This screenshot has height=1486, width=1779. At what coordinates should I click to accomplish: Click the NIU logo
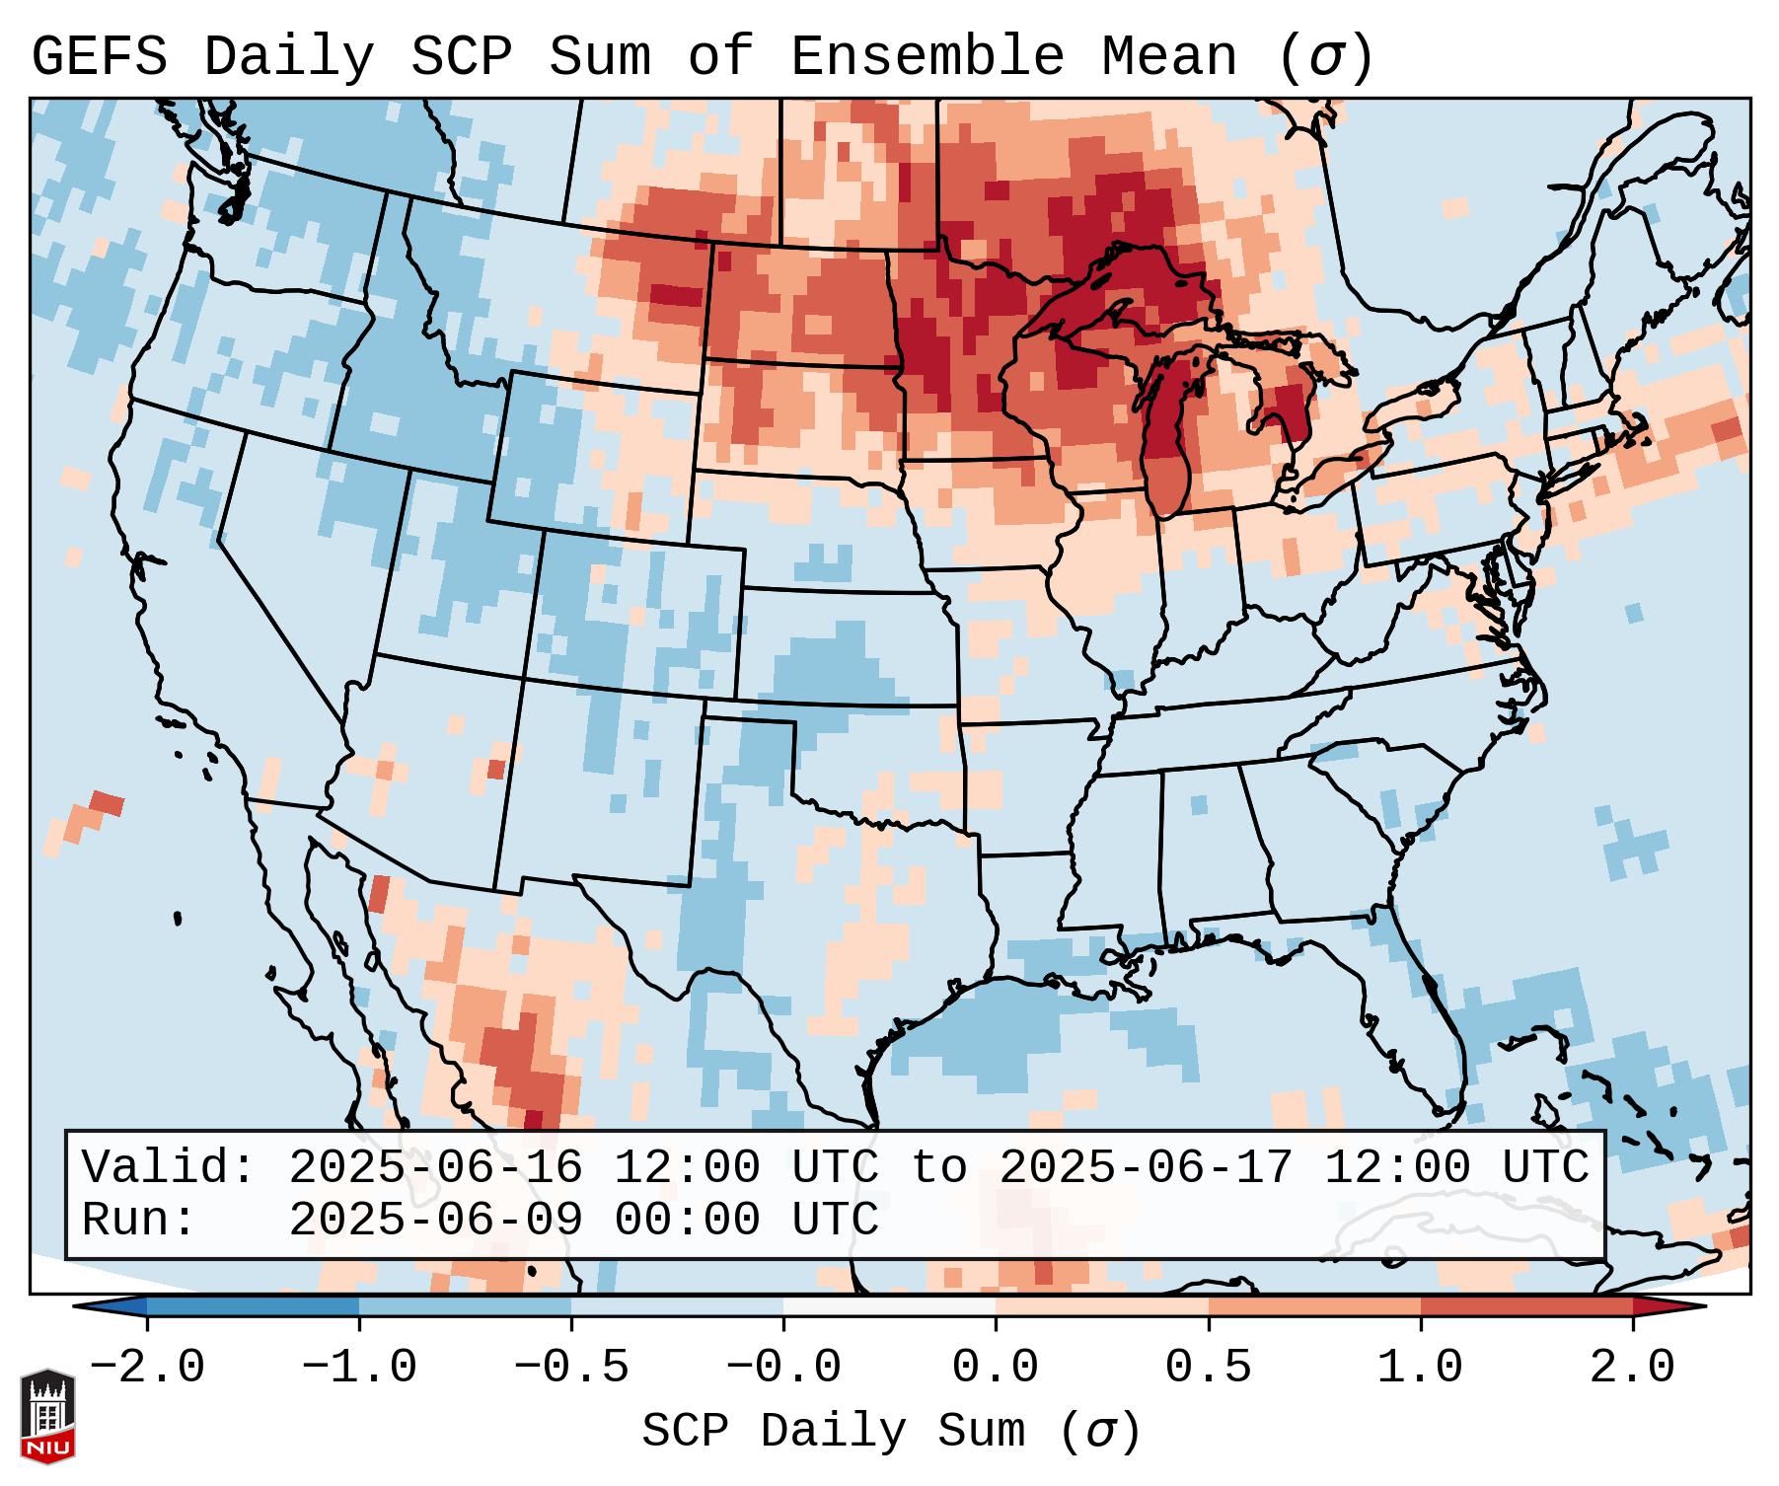[47, 1415]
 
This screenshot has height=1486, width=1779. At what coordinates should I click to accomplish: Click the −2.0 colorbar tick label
[147, 1368]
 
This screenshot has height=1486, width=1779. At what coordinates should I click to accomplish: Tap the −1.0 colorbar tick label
[359, 1368]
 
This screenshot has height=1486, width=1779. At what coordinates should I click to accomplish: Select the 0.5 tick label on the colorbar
[1209, 1368]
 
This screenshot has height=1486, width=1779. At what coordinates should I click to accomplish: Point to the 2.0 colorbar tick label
[1633, 1368]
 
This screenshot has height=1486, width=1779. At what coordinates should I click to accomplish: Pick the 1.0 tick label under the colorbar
[1421, 1368]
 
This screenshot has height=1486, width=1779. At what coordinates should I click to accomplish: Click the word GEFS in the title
[100, 57]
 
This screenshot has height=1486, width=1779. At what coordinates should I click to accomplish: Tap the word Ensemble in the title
[927, 57]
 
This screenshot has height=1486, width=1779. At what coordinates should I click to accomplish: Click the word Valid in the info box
[169, 1167]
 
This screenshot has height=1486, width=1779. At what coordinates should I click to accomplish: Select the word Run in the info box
[139, 1220]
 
